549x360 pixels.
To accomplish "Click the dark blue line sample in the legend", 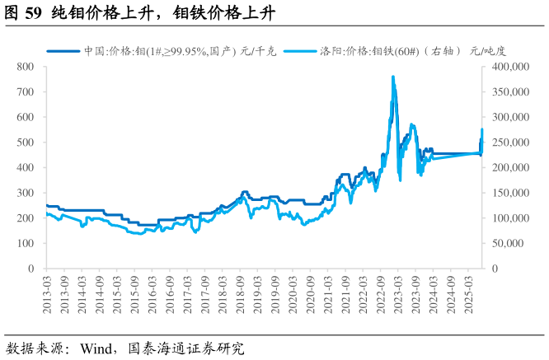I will pyautogui.click(x=62, y=50).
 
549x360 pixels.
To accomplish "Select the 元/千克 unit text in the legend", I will pyautogui.click(x=257, y=50).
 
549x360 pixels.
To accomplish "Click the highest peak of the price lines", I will pyautogui.click(x=392, y=77).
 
